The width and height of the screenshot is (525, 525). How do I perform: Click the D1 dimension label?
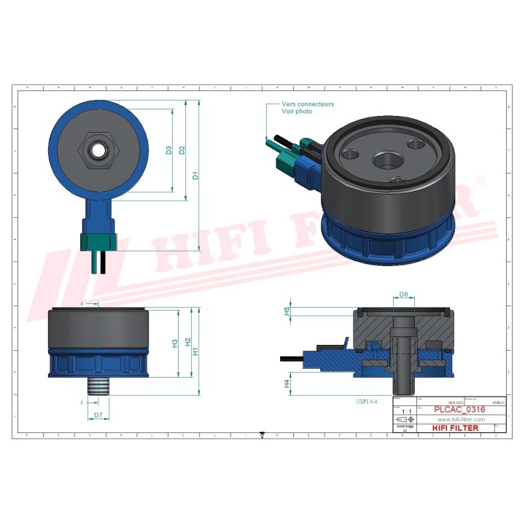click(195, 176)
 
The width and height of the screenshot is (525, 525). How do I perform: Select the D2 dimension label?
click(182, 150)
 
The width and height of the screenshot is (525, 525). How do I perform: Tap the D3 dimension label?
click(169, 150)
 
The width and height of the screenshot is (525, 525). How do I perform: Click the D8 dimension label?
click(403, 295)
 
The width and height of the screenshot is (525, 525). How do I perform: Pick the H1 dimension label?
click(195, 351)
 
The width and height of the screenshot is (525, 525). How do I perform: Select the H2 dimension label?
click(187, 342)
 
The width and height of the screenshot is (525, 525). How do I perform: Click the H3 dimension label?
click(175, 343)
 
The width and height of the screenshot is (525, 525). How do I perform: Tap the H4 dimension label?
click(287, 382)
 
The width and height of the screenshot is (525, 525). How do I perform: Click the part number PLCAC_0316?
click(459, 411)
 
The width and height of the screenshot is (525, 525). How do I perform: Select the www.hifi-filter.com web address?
click(461, 420)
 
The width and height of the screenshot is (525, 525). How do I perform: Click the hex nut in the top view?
click(95, 151)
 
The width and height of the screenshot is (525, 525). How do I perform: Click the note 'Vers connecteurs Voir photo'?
click(308, 108)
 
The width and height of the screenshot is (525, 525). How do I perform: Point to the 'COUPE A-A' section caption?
click(367, 402)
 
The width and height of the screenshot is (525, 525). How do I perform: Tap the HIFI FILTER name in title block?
click(456, 428)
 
